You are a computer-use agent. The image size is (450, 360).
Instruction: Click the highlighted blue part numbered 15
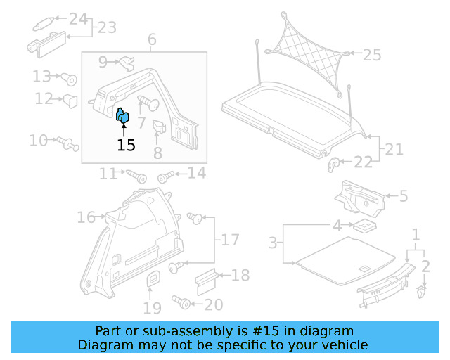[x=122, y=116]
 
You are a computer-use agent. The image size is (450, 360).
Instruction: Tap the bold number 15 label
[x=126, y=146]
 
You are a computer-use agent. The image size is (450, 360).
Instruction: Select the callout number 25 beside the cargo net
[x=371, y=53]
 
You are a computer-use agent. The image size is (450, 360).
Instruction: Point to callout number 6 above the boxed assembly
[x=152, y=41]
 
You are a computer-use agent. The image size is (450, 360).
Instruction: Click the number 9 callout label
[x=103, y=62]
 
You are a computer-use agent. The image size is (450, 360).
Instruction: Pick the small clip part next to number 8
[x=158, y=127]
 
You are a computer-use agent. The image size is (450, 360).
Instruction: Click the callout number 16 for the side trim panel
[x=86, y=218]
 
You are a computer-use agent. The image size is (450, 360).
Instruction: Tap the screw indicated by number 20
[x=182, y=303]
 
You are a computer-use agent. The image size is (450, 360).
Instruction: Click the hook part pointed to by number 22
[x=334, y=164]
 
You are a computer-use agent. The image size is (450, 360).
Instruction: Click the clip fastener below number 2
[x=421, y=290]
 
